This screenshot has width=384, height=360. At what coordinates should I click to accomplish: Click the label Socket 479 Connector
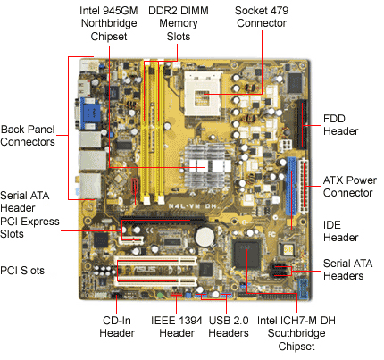(262, 17)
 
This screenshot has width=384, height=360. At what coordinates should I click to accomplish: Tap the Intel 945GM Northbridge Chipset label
(109, 23)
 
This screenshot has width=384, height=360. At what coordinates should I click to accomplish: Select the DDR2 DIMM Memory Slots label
(179, 23)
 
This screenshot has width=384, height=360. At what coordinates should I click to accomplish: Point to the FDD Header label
(340, 125)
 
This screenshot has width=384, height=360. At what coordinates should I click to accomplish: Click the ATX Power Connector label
(350, 187)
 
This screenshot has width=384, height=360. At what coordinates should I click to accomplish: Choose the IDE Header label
(340, 231)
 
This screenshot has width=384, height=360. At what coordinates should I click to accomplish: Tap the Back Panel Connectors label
(28, 136)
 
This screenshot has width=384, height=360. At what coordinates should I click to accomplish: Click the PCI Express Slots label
(29, 228)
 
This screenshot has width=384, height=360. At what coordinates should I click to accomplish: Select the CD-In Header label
(117, 327)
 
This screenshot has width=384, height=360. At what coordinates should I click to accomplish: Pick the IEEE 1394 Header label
(177, 327)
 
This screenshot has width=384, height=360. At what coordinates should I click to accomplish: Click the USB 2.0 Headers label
(229, 327)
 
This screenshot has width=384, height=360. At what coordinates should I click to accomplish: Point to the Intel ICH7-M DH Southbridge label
(296, 327)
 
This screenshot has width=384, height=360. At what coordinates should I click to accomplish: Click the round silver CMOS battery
(205, 237)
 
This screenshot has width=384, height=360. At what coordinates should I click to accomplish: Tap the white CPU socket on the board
(204, 94)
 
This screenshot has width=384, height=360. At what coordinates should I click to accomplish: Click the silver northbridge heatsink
(207, 166)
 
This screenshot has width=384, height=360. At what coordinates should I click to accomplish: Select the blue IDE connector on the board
(291, 187)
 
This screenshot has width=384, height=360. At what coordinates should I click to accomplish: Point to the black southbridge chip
(246, 255)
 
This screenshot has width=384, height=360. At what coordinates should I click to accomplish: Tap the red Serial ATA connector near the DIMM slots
(134, 188)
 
